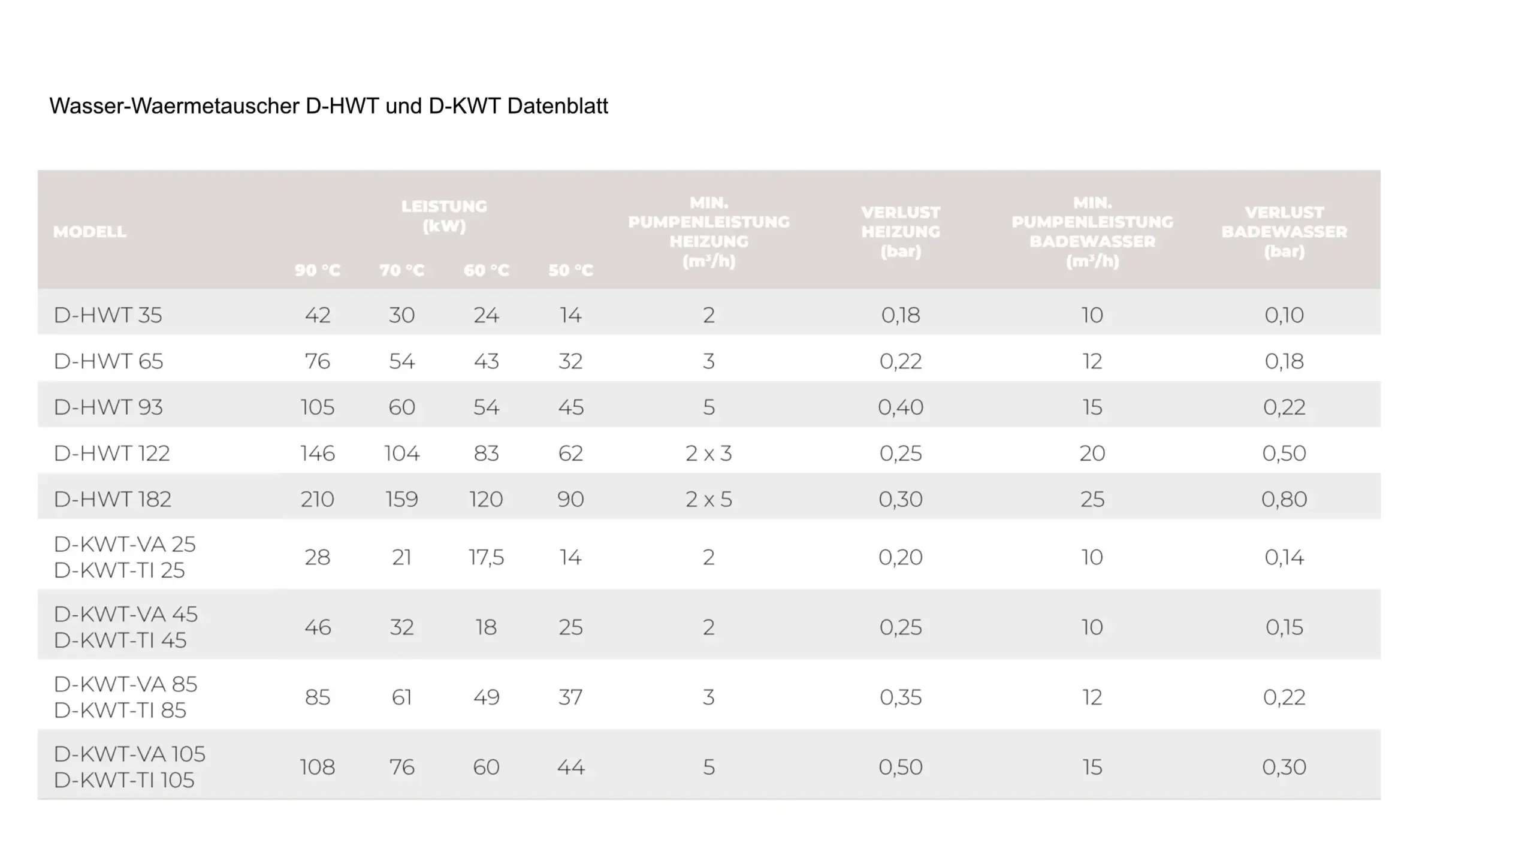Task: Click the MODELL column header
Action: coord(90,232)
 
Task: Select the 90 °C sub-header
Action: coord(318,270)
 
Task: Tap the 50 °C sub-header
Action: coord(570,270)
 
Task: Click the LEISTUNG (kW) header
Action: coord(444,216)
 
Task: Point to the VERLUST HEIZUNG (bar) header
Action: coord(901,232)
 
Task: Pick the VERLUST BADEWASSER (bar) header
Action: coord(1284,232)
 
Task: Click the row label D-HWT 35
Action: coord(108,315)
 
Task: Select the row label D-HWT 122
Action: coord(112,454)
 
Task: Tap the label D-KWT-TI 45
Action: coord(120,641)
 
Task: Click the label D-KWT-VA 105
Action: coord(129,754)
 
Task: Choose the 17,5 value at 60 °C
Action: coord(486,558)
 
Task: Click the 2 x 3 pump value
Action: coord(709,454)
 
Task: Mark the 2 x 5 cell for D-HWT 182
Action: coord(709,500)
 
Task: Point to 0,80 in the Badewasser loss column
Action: coord(1284,500)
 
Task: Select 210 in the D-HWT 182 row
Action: coord(318,500)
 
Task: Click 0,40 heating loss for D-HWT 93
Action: coord(901,407)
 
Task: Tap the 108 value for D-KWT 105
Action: coord(318,768)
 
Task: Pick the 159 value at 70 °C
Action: coord(401,500)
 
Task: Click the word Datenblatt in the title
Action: coord(557,106)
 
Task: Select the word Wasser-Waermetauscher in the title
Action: coord(174,106)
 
